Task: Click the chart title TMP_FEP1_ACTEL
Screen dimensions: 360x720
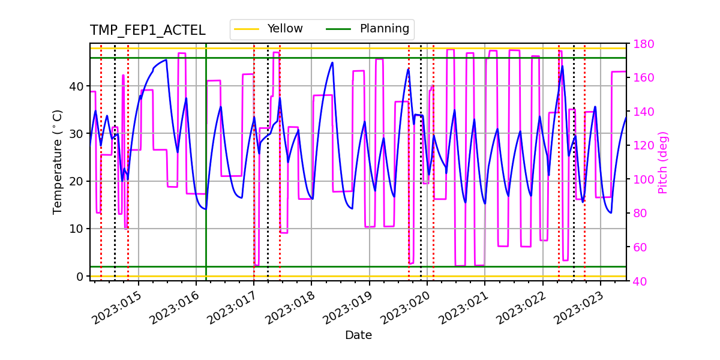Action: (x=148, y=31)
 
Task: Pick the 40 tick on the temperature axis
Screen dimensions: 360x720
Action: (x=77, y=86)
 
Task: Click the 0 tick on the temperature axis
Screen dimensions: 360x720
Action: (x=80, y=277)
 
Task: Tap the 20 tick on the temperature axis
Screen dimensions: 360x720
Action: (x=77, y=181)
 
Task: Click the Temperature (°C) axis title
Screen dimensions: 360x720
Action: (x=58, y=161)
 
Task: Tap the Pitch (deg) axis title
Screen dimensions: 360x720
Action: (x=662, y=162)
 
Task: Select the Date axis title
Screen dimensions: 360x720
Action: (x=358, y=335)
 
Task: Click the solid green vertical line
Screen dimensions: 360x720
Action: (x=206, y=180)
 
